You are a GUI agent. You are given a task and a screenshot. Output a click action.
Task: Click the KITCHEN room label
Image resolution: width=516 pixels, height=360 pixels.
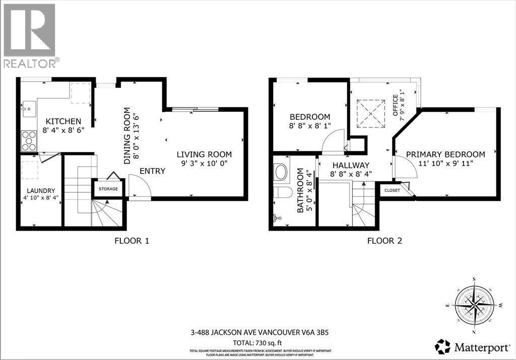click(63, 121)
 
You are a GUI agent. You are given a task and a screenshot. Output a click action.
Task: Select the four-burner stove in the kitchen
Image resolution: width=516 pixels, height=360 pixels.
click(28, 140)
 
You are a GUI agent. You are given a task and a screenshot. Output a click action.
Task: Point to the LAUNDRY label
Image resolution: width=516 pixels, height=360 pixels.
click(41, 190)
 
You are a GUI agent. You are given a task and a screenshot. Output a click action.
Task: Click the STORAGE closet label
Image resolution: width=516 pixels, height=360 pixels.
click(108, 189)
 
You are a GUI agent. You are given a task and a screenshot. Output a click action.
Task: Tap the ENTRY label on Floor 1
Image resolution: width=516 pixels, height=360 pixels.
click(152, 171)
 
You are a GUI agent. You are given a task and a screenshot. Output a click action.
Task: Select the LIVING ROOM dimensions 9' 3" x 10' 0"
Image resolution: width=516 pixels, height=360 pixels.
click(204, 164)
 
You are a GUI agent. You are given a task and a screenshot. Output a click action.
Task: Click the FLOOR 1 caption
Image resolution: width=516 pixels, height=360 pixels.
click(132, 241)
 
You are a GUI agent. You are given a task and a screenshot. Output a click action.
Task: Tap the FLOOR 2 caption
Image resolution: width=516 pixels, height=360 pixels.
click(384, 241)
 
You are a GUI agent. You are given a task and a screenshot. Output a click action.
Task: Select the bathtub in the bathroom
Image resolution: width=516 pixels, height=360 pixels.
click(280, 172)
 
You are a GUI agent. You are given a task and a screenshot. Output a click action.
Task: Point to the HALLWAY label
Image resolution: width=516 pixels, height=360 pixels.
click(351, 165)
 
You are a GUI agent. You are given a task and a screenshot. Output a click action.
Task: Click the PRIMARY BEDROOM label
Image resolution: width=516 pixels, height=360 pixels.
click(445, 155)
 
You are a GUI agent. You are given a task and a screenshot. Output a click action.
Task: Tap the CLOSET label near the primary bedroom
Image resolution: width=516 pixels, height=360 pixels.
click(392, 190)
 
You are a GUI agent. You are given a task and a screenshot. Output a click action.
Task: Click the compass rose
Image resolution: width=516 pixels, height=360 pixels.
click(474, 306)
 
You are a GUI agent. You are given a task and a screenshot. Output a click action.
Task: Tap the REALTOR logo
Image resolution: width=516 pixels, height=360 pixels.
click(30, 35)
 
